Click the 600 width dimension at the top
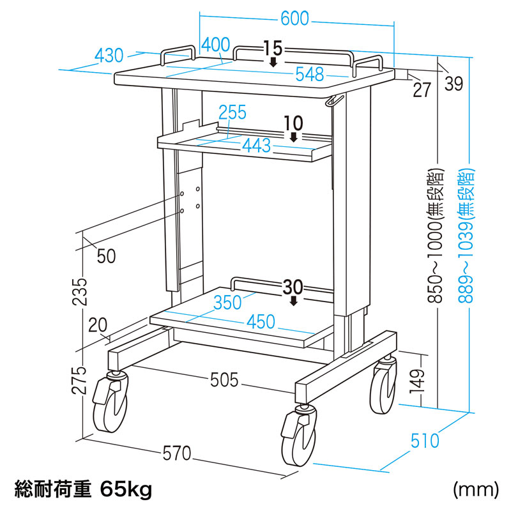click(294, 19)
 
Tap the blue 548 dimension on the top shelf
click(309, 75)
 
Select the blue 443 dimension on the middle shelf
click(256, 146)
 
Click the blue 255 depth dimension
click(232, 113)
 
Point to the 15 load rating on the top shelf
click(272, 48)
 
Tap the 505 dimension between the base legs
click(224, 381)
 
